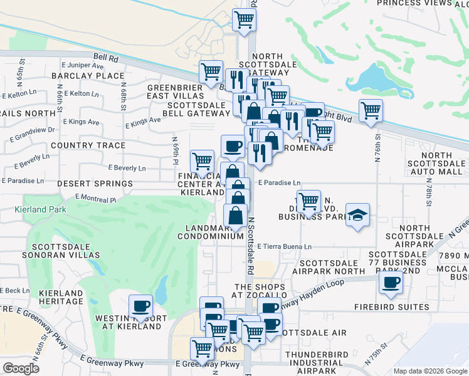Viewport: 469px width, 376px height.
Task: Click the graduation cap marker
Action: tap(356, 215)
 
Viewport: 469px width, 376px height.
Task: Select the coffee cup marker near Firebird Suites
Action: tap(391, 283)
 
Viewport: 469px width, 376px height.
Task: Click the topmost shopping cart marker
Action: tap(244, 19)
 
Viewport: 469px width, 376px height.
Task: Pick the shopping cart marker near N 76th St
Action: tap(371, 111)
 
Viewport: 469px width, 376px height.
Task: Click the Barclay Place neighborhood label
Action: tap(80, 76)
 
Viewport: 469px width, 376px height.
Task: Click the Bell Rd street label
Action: tap(105, 57)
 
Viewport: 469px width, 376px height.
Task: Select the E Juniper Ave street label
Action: tap(82, 65)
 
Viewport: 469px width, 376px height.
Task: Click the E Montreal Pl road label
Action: tap(95, 198)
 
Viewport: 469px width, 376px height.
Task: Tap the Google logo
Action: tap(21, 368)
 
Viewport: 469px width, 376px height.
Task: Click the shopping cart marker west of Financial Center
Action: tap(202, 161)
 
